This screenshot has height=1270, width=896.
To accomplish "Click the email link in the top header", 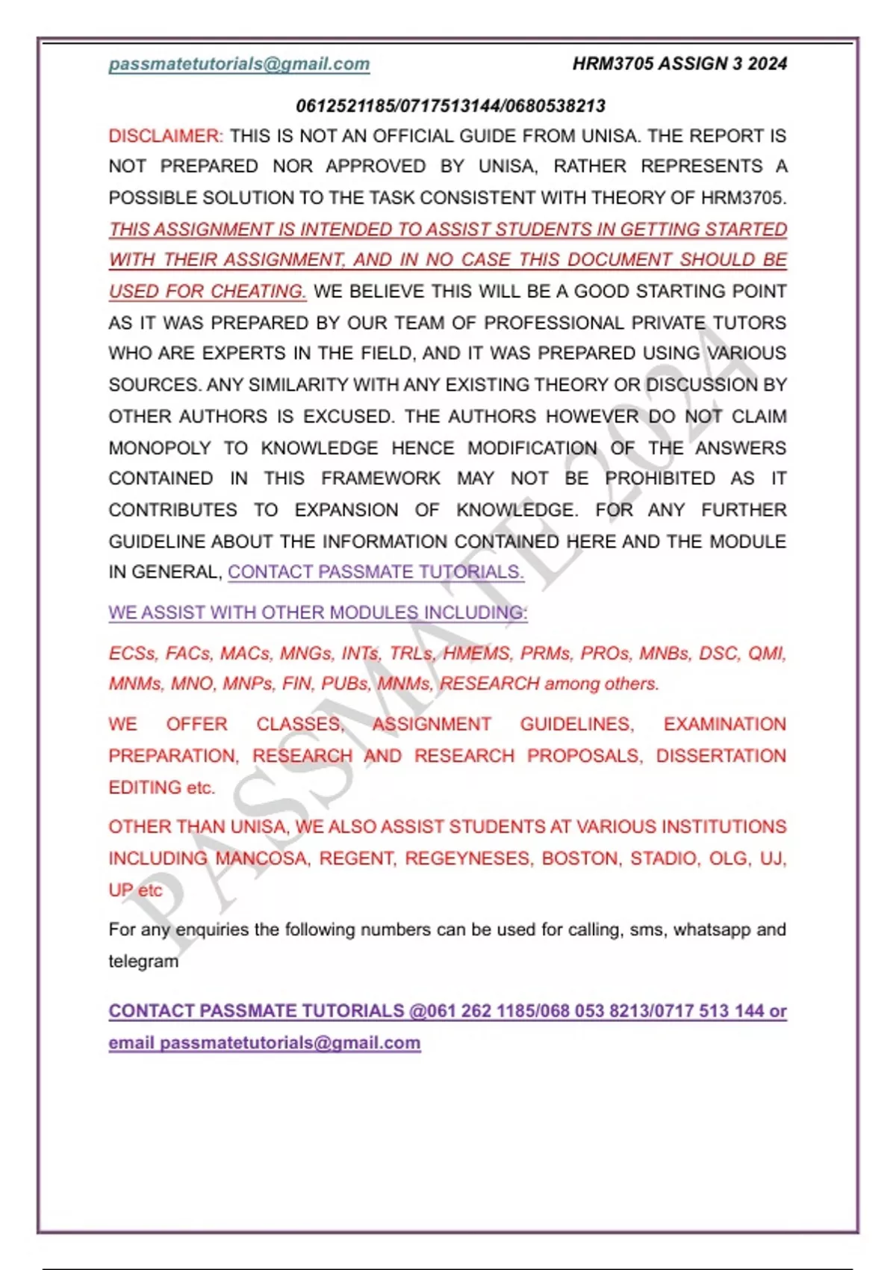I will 239,64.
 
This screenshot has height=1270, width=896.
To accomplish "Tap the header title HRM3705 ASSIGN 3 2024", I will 679,64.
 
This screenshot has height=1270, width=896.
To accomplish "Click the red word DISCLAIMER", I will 165,136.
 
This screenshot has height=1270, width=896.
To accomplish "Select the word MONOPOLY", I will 160,448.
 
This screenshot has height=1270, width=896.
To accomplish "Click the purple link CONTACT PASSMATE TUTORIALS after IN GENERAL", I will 376,572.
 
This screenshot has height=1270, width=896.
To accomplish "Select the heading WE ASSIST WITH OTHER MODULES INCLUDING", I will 318,613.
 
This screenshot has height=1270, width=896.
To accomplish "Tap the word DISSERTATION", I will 721,756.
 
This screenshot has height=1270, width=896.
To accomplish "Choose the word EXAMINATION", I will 724,725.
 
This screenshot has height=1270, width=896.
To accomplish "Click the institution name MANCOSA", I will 261,859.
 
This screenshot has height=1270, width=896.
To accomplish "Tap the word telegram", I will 143,961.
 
